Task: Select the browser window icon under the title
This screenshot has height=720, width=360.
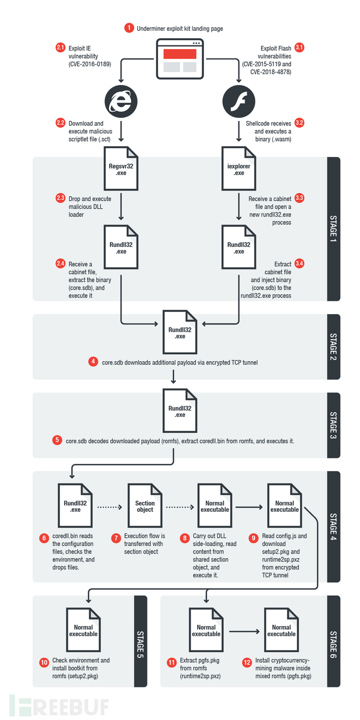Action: [180, 57]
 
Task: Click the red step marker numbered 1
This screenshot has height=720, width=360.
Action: [128, 28]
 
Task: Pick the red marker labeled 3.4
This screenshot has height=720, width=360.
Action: [299, 265]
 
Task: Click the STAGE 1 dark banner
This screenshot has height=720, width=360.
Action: [333, 229]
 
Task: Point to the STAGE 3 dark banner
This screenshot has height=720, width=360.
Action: [333, 426]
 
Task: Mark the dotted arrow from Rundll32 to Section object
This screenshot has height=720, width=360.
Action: [110, 506]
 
